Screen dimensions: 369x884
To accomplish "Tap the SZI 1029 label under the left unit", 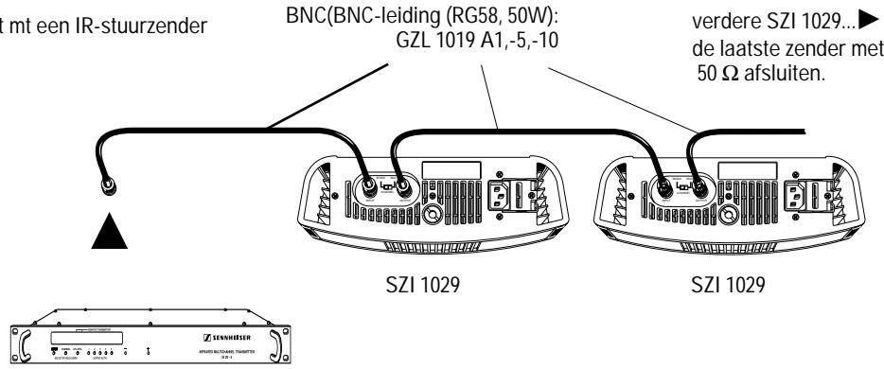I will tap(436, 287).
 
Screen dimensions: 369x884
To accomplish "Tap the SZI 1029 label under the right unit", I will tap(733, 287).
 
